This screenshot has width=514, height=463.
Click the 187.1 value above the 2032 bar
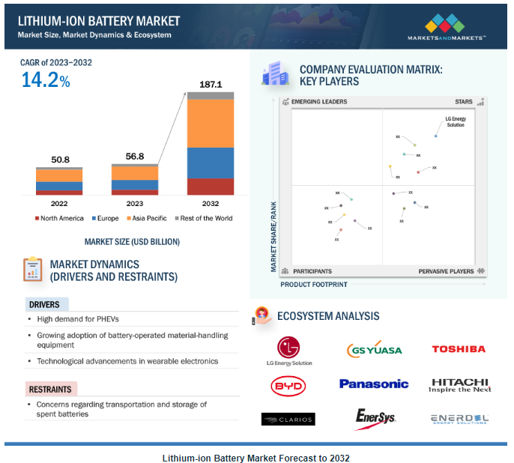pyautogui.click(x=210, y=85)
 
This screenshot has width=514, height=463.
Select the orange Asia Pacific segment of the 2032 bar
pyautogui.click(x=210, y=124)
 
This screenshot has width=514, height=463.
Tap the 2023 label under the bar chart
pyautogui.click(x=135, y=203)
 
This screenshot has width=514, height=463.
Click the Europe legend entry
pyautogui.click(x=108, y=219)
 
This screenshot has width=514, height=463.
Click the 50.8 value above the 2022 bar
pyautogui.click(x=59, y=160)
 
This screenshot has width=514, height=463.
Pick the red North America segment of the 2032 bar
pyautogui.click(x=210, y=186)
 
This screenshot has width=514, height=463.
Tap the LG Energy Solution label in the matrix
pyautogui.click(x=455, y=121)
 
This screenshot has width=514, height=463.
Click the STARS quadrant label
pyautogui.click(x=464, y=101)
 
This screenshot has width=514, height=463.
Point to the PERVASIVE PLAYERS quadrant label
pyautogui.click(x=446, y=271)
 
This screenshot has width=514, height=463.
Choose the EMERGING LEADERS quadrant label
pyautogui.click(x=319, y=101)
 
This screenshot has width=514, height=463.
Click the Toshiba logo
pyautogui.click(x=458, y=349)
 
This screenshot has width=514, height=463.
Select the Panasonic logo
pyautogui.click(x=374, y=384)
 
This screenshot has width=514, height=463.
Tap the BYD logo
pyautogui.click(x=288, y=385)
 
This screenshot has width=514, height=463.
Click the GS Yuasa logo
pyautogui.click(x=375, y=350)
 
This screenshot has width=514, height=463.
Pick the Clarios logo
pyautogui.click(x=288, y=418)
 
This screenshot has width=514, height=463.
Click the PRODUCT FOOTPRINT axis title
pyautogui.click(x=314, y=285)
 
